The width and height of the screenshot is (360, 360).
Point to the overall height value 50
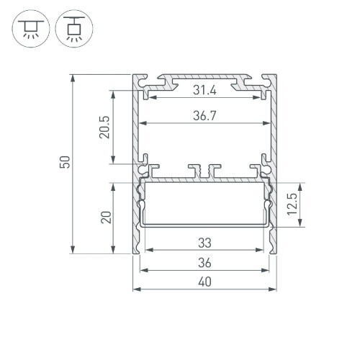[x=64, y=163]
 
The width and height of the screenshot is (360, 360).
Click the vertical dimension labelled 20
[x=105, y=217]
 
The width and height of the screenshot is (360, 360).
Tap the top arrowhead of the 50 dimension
[x=73, y=76]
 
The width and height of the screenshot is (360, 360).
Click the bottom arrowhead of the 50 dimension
[x=73, y=251]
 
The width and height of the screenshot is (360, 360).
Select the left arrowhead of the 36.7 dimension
[x=141, y=122]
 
